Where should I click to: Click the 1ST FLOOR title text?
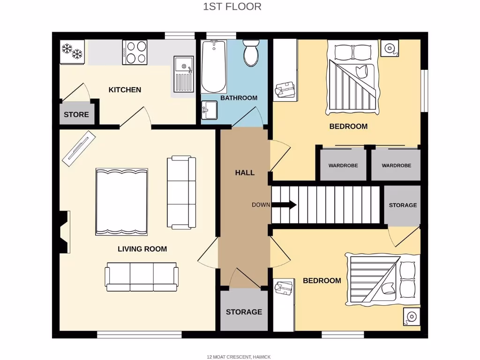tap(232, 7)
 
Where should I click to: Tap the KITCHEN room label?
tap(125, 90)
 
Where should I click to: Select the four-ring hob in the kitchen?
tap(135, 52)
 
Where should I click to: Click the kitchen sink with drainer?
tap(183, 74)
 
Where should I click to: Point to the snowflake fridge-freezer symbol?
tap(72, 51)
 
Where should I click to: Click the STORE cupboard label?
tap(76, 114)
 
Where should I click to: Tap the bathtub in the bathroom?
tap(214, 67)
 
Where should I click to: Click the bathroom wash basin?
tap(209, 111)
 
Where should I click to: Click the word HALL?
tap(245, 172)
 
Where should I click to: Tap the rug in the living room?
tap(122, 202)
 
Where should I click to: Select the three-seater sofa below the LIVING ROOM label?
tap(141, 277)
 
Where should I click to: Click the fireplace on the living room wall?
tap(64, 232)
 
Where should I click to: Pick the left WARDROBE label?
tap(343, 165)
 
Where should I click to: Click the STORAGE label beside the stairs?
tap(403, 205)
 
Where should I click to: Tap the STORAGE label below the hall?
tap(244, 312)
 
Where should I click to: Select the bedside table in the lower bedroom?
tap(411, 317)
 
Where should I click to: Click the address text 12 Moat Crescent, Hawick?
tap(239, 357)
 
